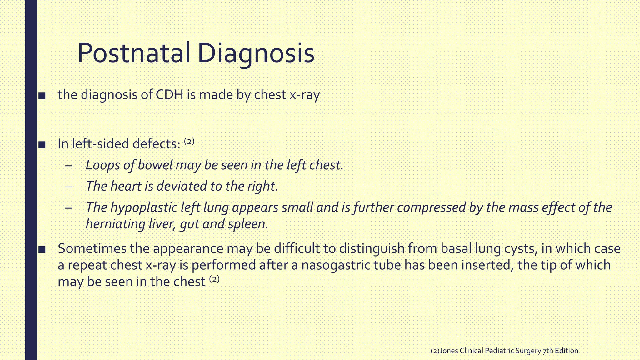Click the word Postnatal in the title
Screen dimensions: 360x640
pos(133,53)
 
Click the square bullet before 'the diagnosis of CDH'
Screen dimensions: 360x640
pos(42,96)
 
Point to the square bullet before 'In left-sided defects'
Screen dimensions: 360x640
pos(42,145)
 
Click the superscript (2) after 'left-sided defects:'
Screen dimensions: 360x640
pos(189,141)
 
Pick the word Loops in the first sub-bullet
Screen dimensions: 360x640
pos(102,165)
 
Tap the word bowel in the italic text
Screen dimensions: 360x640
pos(155,165)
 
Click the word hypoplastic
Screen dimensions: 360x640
pos(144,207)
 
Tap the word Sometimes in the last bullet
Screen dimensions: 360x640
pos(92,248)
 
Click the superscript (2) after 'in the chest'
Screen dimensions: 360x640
pos(214,279)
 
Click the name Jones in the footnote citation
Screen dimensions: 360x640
pos(449,351)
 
